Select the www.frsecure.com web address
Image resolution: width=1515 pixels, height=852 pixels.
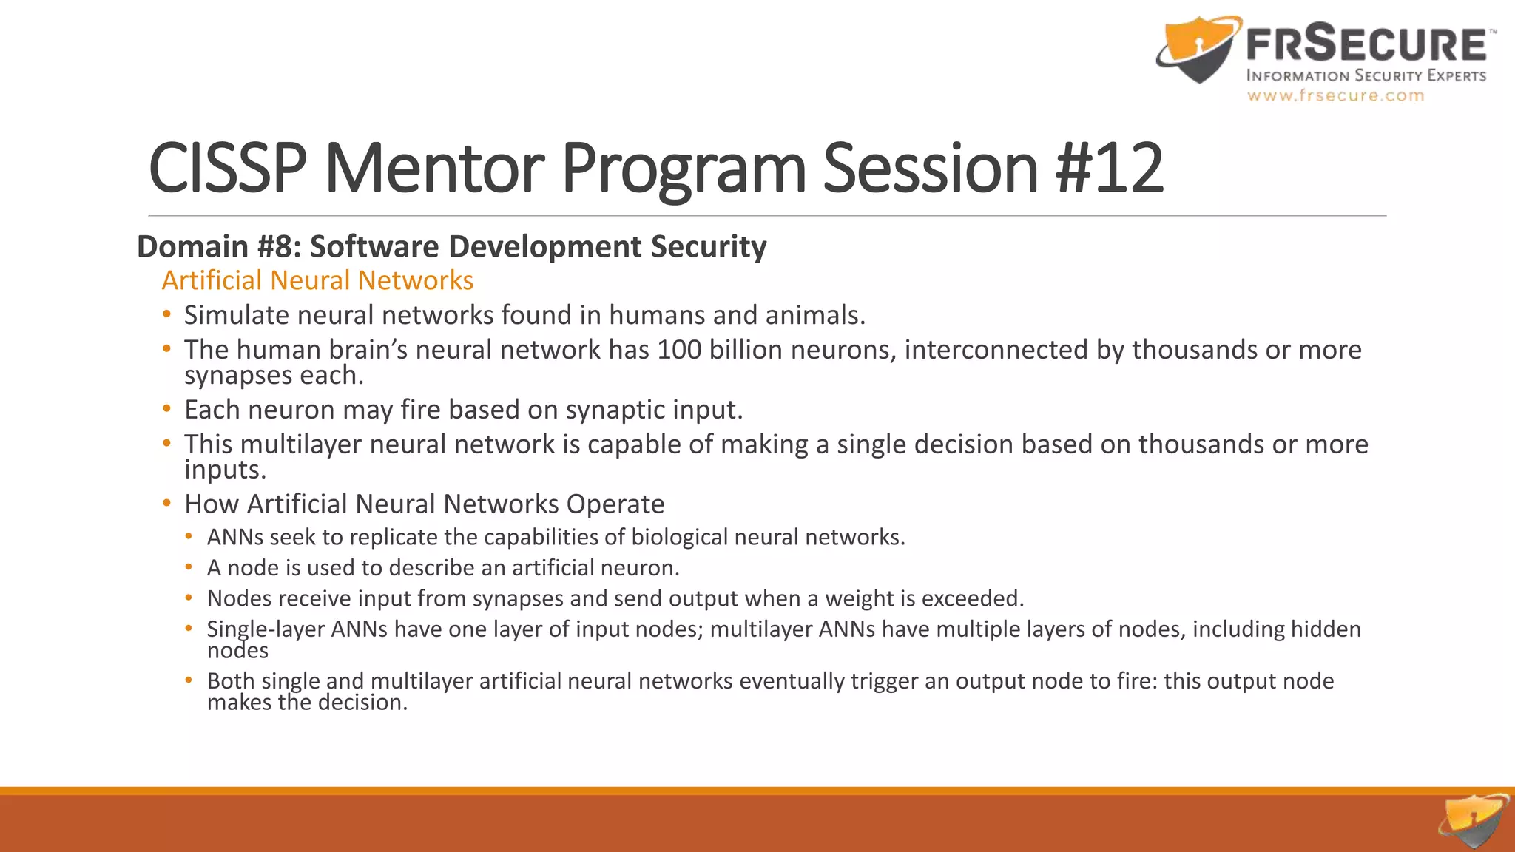coord(1335,95)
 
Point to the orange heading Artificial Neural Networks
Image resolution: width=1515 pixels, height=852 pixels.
coord(317,281)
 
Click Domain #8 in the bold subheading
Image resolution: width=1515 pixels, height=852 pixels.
coord(218,247)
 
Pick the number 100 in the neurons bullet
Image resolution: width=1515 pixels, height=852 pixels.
coord(679,350)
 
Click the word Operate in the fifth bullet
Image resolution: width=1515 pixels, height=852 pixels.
coord(615,504)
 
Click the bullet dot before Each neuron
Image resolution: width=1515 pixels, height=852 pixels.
coord(167,409)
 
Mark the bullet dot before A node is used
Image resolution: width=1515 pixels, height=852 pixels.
coord(189,567)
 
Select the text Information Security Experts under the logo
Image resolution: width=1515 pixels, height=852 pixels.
coord(1366,75)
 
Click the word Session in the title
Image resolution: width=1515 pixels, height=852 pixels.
coord(931,169)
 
